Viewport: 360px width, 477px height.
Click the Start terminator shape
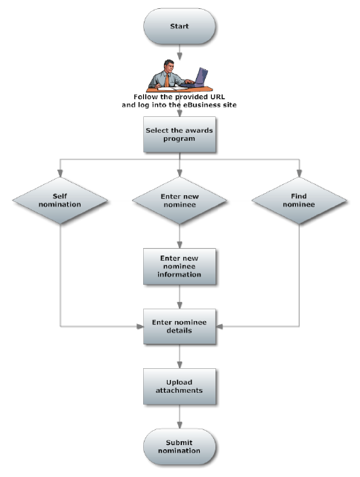tap(179, 26)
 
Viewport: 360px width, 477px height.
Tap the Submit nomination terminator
tap(179, 447)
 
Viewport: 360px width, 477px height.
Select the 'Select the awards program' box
tap(179, 134)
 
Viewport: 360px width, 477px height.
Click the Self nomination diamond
tap(60, 202)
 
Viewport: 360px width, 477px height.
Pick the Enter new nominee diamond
tap(179, 202)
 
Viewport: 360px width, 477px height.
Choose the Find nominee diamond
tap(299, 202)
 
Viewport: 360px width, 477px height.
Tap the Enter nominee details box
tap(179, 326)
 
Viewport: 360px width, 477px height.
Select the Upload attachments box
tap(179, 385)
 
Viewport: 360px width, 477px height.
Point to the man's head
tap(171, 64)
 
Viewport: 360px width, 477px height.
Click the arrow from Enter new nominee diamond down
tap(179, 237)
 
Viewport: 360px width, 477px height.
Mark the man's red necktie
tap(171, 78)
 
